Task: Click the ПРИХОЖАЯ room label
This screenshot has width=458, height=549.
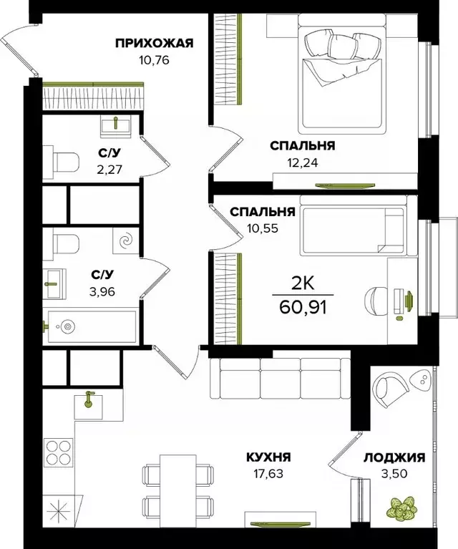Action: (x=155, y=43)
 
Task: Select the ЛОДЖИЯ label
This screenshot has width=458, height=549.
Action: (x=394, y=458)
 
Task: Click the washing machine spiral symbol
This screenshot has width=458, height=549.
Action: (x=127, y=241)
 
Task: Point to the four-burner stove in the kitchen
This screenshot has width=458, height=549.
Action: (x=58, y=452)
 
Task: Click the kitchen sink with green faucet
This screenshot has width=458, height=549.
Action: (x=89, y=402)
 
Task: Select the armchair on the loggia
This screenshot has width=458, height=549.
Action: (x=393, y=391)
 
